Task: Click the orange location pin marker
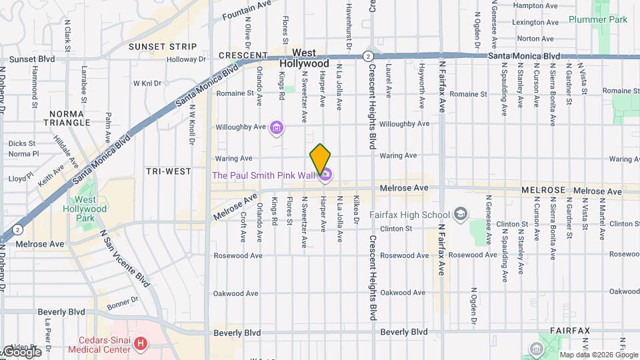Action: point(320,159)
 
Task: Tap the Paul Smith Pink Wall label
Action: point(263,175)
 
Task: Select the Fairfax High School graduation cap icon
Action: point(460,214)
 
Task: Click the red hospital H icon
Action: point(141,344)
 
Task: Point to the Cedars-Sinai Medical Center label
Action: point(101,344)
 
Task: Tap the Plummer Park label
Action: point(599,19)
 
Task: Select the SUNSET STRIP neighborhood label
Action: point(163,47)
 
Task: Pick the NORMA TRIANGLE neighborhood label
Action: point(66,118)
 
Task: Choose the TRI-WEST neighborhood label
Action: point(169,171)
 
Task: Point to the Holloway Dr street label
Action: point(186,59)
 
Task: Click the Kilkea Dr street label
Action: point(357,209)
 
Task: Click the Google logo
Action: point(21,351)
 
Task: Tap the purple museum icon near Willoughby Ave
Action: point(277,127)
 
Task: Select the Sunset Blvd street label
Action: point(32,59)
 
